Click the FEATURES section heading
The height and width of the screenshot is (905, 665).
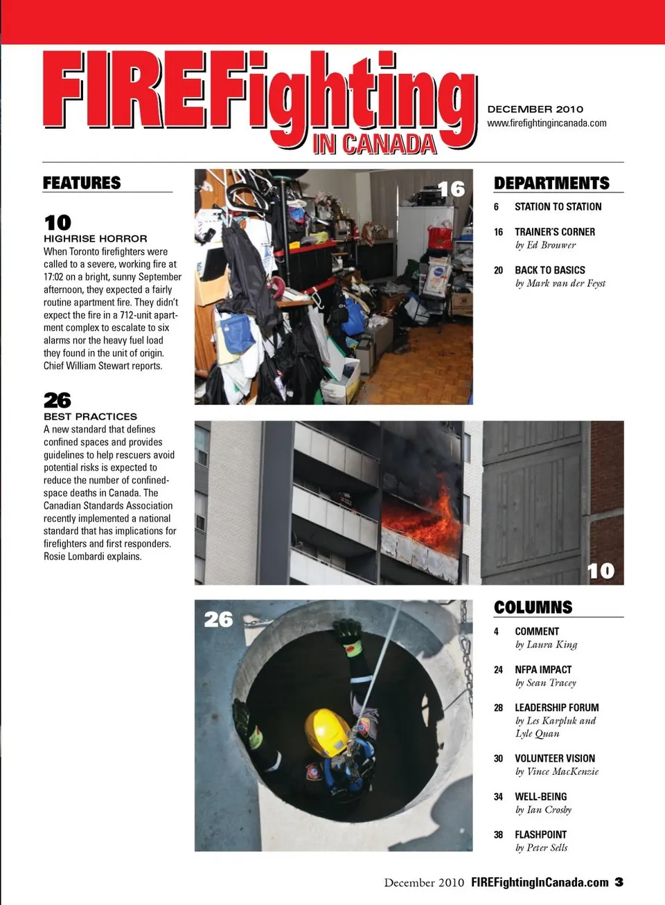click(x=82, y=183)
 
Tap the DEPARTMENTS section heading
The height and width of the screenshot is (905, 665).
click(x=551, y=183)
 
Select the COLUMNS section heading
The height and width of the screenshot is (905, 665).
click(x=533, y=607)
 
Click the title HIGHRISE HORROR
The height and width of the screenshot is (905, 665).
click(x=95, y=238)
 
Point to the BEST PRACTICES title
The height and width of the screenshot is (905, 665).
click(x=90, y=417)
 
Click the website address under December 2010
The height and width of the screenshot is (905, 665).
click(x=547, y=123)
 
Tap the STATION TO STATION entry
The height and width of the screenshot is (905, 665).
click(x=558, y=206)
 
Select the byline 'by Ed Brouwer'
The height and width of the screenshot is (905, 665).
click(x=545, y=245)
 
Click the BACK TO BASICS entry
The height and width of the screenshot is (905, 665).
click(x=549, y=270)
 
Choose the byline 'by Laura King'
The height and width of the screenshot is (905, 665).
click(x=546, y=645)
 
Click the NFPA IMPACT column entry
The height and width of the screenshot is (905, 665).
click(x=543, y=670)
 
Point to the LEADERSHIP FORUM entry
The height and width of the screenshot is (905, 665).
click(x=556, y=708)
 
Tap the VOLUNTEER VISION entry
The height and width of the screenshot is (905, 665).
click(x=554, y=758)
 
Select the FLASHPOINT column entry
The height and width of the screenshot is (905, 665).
click(x=540, y=834)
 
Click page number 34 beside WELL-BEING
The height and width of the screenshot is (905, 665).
click(x=498, y=797)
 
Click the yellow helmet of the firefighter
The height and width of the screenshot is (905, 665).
click(x=328, y=731)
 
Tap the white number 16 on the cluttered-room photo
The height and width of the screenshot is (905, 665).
click(x=451, y=189)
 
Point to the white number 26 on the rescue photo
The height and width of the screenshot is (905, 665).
click(x=218, y=619)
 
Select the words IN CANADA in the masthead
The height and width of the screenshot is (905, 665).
click(x=375, y=144)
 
